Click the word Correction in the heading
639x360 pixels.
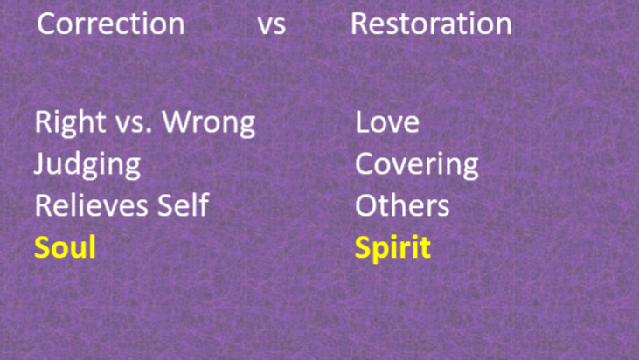point(110,24)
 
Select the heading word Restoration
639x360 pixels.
point(430,24)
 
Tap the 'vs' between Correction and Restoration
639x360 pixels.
point(272,25)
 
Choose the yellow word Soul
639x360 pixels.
point(65,248)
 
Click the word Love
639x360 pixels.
point(386,122)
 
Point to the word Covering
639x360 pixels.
point(416,164)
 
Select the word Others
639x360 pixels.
point(402,206)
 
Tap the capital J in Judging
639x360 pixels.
point(40,164)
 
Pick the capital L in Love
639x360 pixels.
point(361,122)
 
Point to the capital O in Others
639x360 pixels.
point(365,206)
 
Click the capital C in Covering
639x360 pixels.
point(365,164)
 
